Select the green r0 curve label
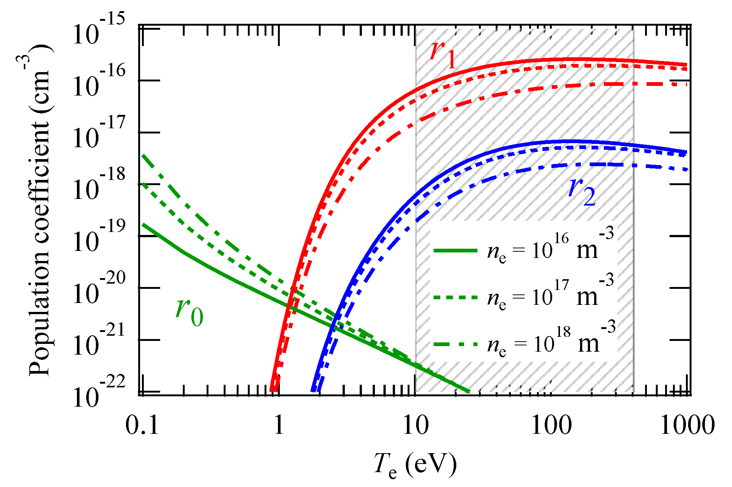point(189,312)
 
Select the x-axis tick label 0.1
point(142,425)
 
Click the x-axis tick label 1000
point(687,425)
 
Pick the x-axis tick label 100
point(551,425)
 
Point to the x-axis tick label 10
point(415,425)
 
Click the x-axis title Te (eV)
point(415,465)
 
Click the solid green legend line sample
point(455,251)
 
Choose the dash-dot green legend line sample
point(455,344)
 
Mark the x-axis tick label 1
point(279,425)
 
